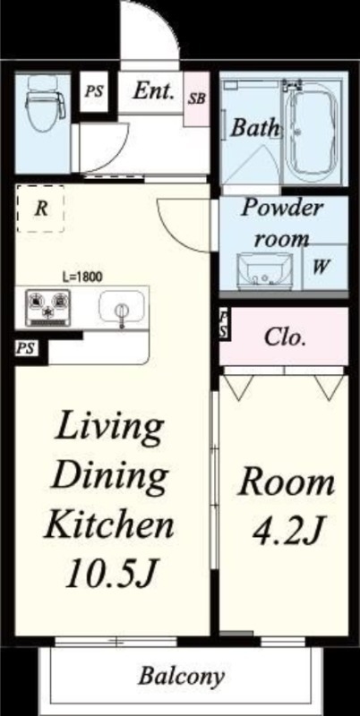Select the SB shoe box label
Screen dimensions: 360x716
pos(197,98)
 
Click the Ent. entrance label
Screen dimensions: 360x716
pos(154,92)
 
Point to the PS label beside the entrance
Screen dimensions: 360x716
pos(93,91)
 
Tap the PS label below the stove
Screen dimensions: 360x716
pos(25,348)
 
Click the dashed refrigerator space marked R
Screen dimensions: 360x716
pos(40,209)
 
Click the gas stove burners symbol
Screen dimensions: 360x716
pos(47,307)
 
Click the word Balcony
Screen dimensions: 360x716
pos(182,677)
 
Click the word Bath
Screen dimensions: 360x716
pos(254,127)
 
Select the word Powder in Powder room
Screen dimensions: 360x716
pos(282,209)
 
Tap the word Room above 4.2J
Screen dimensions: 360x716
pos(287,484)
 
